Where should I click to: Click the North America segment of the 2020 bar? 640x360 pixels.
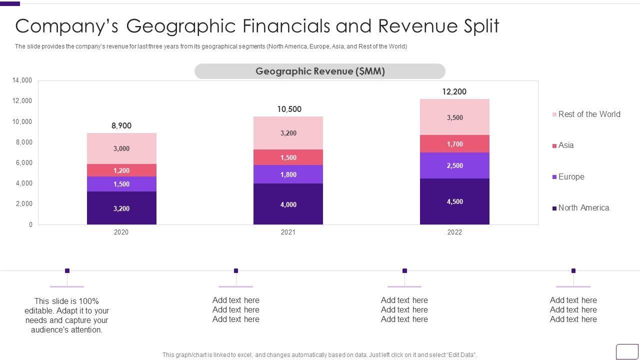click(x=121, y=208)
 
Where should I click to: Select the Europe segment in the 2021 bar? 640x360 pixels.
click(x=288, y=174)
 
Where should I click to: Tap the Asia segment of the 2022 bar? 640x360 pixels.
click(x=454, y=144)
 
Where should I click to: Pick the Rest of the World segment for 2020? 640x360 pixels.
click(x=121, y=148)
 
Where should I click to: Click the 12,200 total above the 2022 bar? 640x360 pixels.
click(x=454, y=91)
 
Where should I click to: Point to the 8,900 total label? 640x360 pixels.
click(x=121, y=125)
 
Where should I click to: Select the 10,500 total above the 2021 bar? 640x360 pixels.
click(x=289, y=109)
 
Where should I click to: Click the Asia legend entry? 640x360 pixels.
click(x=566, y=145)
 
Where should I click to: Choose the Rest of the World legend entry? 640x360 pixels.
click(x=589, y=114)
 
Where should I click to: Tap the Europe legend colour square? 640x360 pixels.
click(x=554, y=177)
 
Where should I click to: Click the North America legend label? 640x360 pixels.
click(x=583, y=208)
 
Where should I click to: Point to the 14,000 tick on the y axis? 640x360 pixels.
click(x=22, y=80)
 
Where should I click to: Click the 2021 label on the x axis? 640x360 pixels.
click(x=288, y=232)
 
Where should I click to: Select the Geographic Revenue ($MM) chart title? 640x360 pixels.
click(x=320, y=71)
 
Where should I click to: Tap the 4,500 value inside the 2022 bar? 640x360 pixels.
click(x=454, y=201)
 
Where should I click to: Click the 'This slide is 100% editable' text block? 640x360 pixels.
click(x=66, y=315)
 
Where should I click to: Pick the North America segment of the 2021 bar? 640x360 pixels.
click(x=288, y=204)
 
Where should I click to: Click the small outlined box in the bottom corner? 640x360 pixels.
click(x=626, y=351)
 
